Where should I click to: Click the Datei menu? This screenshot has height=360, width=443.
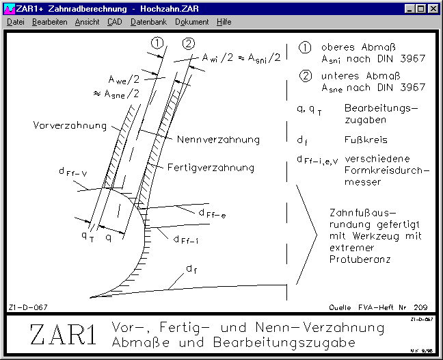16,22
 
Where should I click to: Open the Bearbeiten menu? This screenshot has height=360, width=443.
50,22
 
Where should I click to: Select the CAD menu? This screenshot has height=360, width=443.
115,22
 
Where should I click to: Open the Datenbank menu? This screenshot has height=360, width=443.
148,22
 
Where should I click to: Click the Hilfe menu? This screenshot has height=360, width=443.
224,22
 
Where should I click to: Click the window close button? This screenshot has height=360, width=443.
433,9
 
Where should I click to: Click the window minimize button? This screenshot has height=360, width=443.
410,9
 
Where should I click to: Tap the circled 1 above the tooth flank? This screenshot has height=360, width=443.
157,43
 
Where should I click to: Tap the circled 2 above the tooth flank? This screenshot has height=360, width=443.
189,44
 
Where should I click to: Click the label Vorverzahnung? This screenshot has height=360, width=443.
70,125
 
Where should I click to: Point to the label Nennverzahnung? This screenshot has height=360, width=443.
218,140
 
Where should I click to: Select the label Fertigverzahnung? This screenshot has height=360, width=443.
211,168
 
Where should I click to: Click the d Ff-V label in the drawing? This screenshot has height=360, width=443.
73,172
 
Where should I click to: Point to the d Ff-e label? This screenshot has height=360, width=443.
212,214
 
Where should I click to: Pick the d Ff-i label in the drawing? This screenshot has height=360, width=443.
186,240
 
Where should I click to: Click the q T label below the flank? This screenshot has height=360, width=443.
88,236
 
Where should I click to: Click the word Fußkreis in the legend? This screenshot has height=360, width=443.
366,140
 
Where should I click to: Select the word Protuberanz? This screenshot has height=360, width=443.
360,259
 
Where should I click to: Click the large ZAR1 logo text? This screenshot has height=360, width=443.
63,335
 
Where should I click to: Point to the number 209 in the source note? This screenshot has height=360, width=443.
420,307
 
